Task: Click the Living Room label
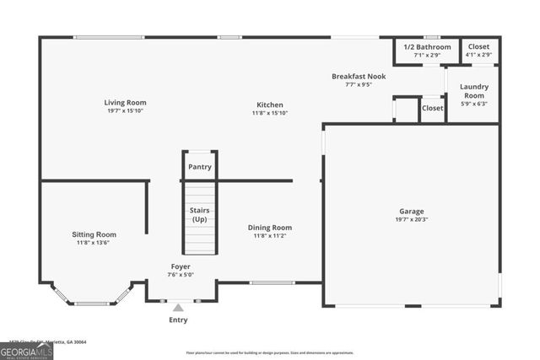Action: coord(126,103)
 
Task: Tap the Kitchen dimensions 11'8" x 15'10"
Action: coord(270,113)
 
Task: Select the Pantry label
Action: coord(200,167)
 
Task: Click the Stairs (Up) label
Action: coord(200,213)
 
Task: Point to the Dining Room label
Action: coord(270,228)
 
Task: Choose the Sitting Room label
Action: coord(93,234)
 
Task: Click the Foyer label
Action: coord(180,266)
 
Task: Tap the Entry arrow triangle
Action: coord(178,308)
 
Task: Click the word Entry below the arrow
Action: coord(178,320)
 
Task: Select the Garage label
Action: coord(412,211)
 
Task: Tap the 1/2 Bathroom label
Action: coord(422,47)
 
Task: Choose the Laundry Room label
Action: coord(473,91)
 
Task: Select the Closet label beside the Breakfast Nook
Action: coord(433,109)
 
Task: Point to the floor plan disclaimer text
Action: coord(270,352)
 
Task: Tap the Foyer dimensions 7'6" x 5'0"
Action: coord(180,274)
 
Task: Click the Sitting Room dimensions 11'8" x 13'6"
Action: coord(93,243)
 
